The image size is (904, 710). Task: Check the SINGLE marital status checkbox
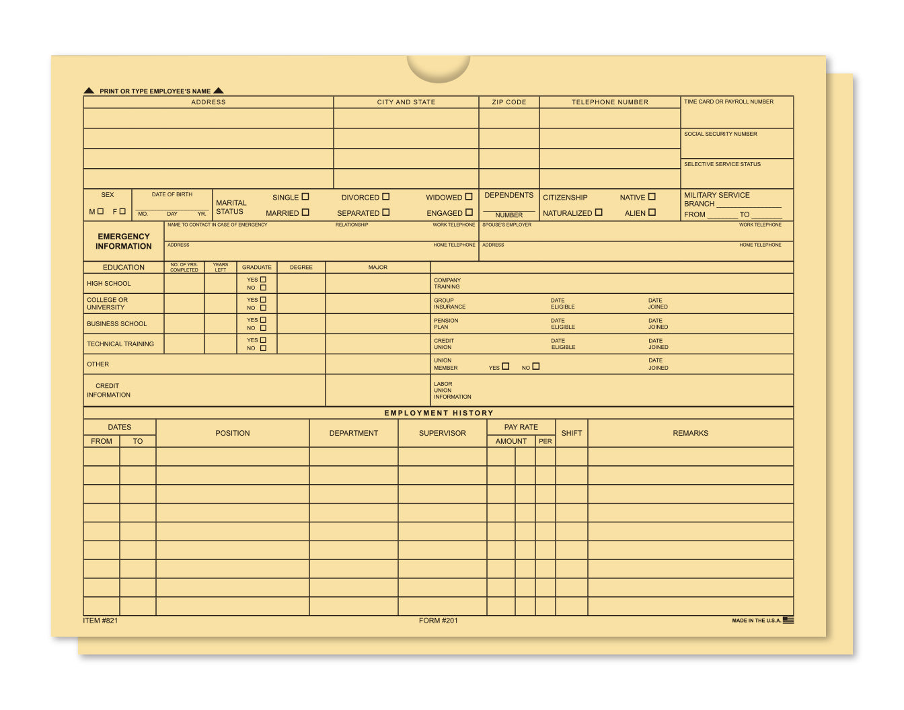305,197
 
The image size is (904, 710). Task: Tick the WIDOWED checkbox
469,197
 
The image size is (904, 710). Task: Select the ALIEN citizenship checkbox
652,212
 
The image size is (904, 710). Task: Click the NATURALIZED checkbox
599,212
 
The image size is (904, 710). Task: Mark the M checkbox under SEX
100,211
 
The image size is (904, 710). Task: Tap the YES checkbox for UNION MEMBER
506,366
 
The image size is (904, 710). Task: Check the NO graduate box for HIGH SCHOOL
263,288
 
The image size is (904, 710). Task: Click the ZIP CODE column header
509,102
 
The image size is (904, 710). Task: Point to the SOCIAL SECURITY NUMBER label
720,134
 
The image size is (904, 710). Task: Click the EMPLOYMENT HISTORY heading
439,413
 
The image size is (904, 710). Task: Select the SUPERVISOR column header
442,433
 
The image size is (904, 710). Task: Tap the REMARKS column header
690,433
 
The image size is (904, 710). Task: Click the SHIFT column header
571,433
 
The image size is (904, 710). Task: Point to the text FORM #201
438,621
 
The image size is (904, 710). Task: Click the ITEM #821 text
100,621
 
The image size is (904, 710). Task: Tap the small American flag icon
788,620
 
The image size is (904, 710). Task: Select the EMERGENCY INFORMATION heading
124,241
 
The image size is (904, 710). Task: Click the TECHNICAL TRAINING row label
120,344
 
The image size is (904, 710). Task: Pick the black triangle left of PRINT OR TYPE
89,91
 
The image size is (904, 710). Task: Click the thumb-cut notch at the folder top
438,67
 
